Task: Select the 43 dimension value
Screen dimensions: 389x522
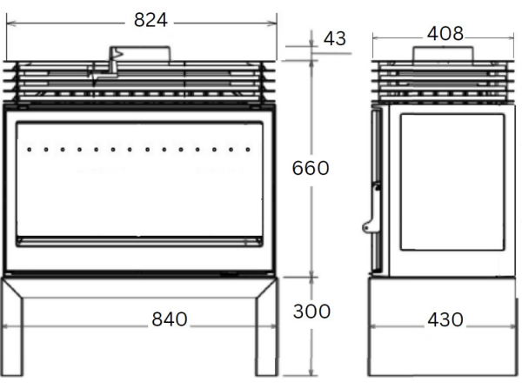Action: pyautogui.click(x=334, y=38)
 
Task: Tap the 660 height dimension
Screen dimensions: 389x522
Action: pyautogui.click(x=310, y=167)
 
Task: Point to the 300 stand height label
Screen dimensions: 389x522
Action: pyautogui.click(x=311, y=311)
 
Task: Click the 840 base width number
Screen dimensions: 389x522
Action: pyautogui.click(x=170, y=319)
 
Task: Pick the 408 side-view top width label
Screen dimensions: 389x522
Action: pyautogui.click(x=445, y=34)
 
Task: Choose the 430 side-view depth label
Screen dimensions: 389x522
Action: pyautogui.click(x=444, y=319)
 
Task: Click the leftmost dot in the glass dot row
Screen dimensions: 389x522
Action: pyautogui.click(x=29, y=149)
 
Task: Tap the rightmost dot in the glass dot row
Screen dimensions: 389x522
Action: pyautogui.click(x=248, y=149)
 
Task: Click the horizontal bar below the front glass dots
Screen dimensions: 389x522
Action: pyautogui.click(x=139, y=238)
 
